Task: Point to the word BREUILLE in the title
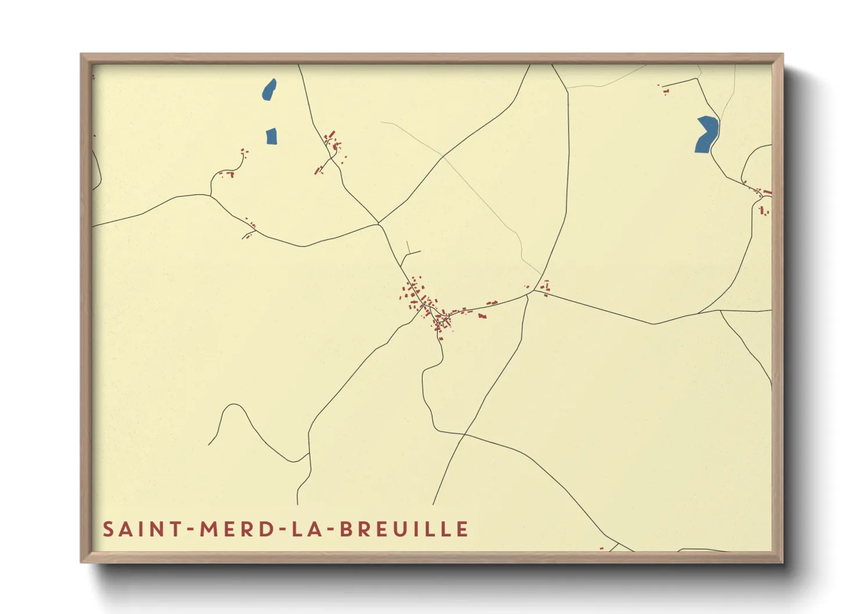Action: pyautogui.click(x=404, y=529)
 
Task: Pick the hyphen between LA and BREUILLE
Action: pyautogui.click(x=329, y=530)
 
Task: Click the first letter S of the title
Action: pyautogui.click(x=108, y=529)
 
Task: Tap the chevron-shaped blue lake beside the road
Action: pyautogui.click(x=706, y=134)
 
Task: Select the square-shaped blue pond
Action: pyautogui.click(x=271, y=136)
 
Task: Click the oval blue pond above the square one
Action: pyautogui.click(x=269, y=90)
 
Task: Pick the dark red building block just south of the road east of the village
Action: pyautogui.click(x=482, y=316)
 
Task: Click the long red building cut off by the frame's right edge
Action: pyautogui.click(x=767, y=192)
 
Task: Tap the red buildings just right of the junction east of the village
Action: pyautogui.click(x=546, y=288)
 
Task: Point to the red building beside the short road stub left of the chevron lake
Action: pyautogui.click(x=665, y=91)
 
